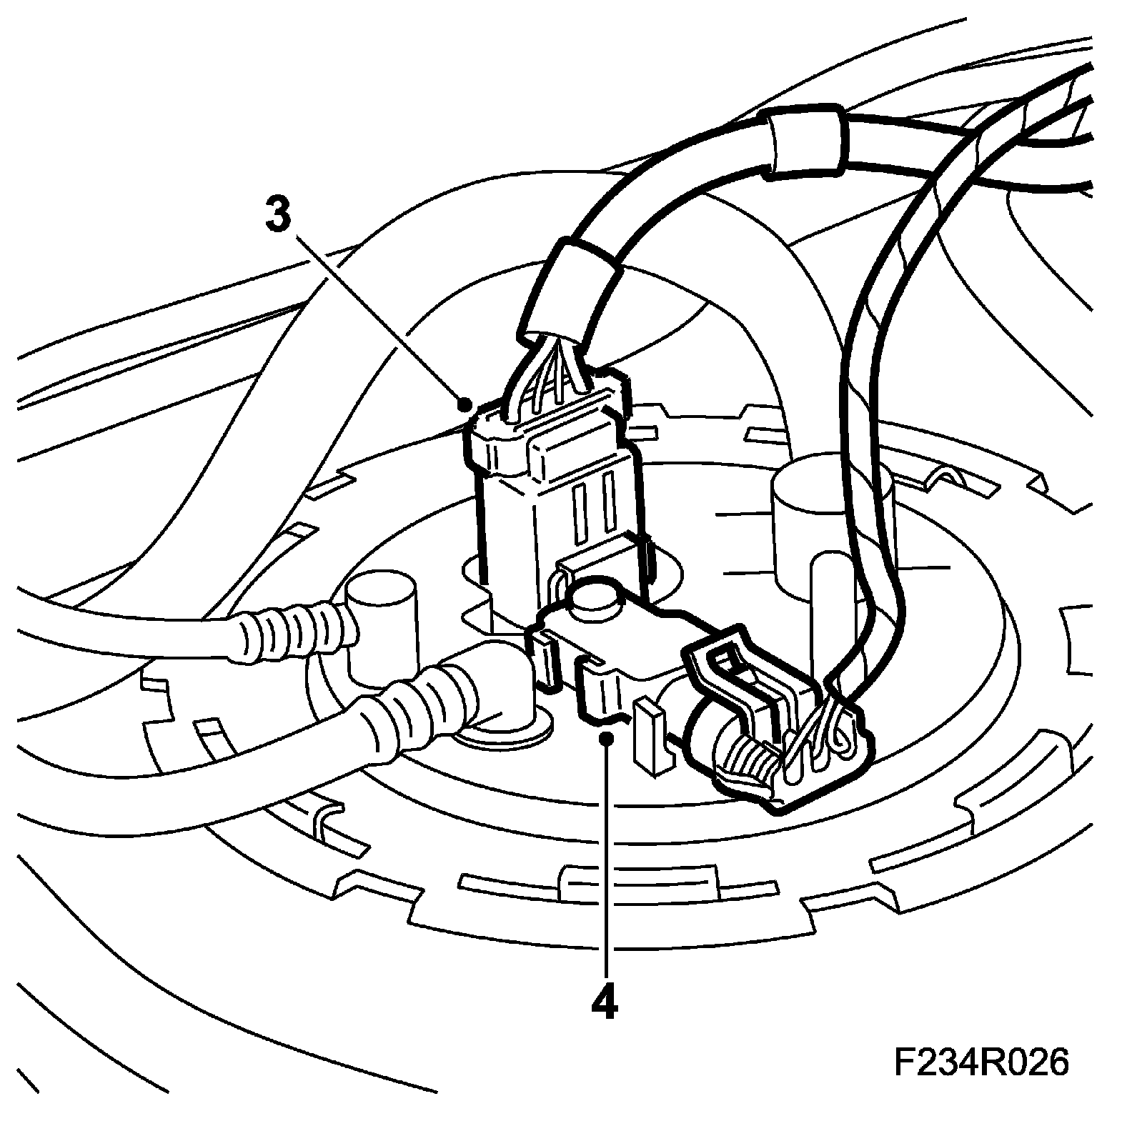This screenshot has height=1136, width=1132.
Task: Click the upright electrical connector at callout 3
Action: point(550,500)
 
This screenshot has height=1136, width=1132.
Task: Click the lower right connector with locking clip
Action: point(779,722)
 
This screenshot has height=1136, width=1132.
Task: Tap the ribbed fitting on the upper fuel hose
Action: point(286,629)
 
